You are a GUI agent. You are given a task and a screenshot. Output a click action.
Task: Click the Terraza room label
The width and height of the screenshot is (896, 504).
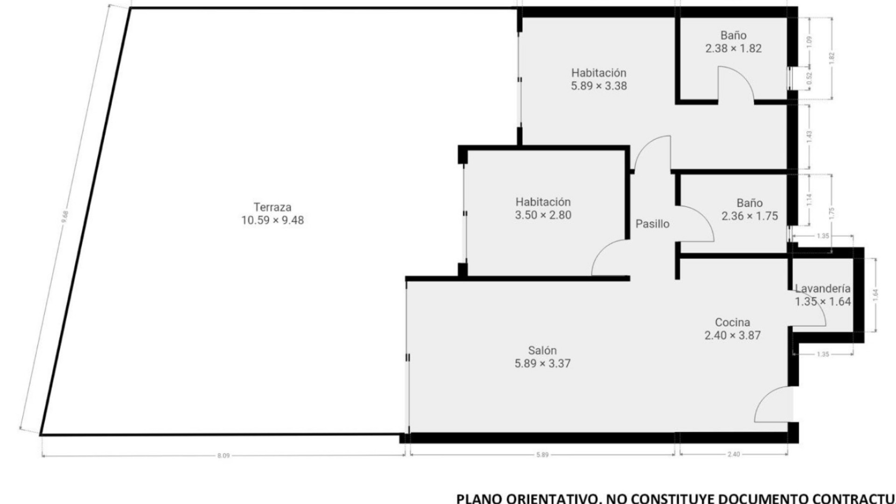click(273, 207)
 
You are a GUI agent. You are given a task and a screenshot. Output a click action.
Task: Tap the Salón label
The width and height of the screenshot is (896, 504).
click(542, 350)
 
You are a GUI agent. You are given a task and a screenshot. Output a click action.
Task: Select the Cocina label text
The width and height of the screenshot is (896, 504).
click(732, 322)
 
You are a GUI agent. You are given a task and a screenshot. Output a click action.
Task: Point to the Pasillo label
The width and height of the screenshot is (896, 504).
click(652, 224)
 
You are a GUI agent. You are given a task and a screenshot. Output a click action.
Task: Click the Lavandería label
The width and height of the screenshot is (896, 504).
click(823, 288)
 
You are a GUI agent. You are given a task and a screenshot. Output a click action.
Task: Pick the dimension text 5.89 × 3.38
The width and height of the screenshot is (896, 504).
click(599, 86)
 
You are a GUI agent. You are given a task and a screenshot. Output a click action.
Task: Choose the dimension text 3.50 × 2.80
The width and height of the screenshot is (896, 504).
click(543, 215)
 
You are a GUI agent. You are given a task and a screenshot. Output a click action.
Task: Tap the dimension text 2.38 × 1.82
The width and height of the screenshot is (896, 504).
click(733, 49)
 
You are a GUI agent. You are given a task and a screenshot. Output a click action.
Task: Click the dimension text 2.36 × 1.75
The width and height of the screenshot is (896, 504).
click(749, 216)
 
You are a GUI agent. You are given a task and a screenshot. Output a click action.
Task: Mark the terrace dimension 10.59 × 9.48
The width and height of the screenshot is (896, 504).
click(273, 220)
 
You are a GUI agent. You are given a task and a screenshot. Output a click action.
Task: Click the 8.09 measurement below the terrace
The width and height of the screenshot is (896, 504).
click(224, 456)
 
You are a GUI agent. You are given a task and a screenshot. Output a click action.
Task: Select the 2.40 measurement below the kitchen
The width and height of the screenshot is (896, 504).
click(734, 454)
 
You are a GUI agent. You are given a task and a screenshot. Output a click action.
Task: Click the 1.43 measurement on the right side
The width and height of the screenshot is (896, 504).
click(809, 136)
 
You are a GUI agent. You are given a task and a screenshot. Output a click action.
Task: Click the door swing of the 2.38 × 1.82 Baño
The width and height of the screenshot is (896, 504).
click(735, 84)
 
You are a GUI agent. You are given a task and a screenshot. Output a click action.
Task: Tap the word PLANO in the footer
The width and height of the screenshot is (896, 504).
click(476, 498)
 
